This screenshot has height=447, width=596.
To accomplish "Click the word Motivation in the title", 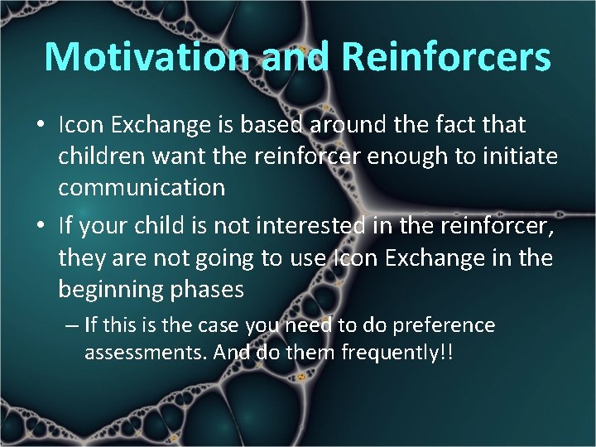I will click(x=145, y=57).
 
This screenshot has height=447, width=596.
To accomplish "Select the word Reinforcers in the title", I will click(x=445, y=57).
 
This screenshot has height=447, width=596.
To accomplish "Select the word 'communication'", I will click(x=142, y=188).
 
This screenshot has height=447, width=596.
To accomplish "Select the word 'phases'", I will click(x=206, y=289).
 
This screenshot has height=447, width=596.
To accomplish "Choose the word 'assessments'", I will click(x=145, y=353).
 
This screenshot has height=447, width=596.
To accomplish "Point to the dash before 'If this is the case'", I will click(x=72, y=325).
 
